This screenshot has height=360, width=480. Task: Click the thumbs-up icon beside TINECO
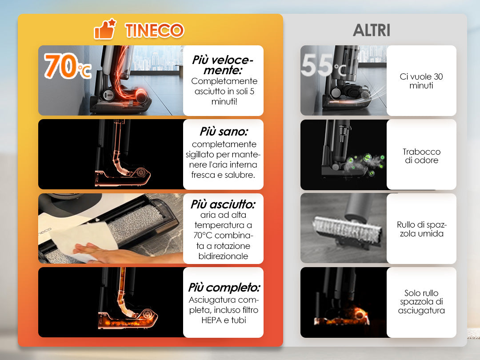105,29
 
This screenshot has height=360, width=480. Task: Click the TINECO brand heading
154,30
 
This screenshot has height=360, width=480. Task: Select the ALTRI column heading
372,30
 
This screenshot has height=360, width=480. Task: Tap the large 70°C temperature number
68,66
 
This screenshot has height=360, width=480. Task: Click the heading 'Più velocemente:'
223,65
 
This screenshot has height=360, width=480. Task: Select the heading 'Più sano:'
224,131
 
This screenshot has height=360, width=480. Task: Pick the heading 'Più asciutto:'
223,204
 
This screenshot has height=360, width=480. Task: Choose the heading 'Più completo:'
224,288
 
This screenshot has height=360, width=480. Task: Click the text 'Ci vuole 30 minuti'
421,81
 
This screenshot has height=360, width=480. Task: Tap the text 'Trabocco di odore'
421,156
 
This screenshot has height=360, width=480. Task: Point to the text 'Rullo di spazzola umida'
421,229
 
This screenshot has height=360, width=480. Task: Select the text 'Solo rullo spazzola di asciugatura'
421,301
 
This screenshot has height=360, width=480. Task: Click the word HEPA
212,320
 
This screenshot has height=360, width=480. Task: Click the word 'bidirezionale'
223,256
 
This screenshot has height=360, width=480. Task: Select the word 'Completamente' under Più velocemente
224,81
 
